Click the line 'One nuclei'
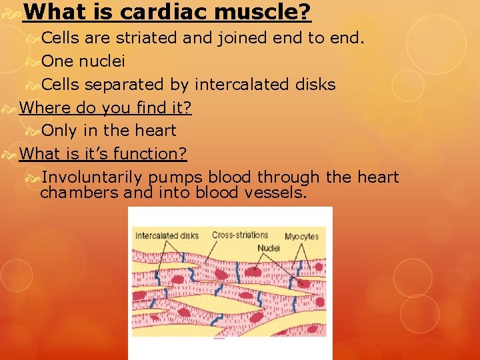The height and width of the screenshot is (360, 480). click(83, 61)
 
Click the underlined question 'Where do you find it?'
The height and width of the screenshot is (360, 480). click(105, 107)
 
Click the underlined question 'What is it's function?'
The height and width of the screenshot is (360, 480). click(103, 153)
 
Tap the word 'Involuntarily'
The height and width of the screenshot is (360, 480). click(91, 177)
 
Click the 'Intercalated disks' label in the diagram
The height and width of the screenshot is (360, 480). click(167, 235)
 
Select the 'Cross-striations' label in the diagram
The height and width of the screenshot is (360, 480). click(240, 235)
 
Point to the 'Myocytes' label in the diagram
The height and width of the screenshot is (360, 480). click(301, 236)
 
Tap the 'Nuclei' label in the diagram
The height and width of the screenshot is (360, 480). click(269, 248)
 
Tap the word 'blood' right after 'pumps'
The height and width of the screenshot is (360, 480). click(230, 177)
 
